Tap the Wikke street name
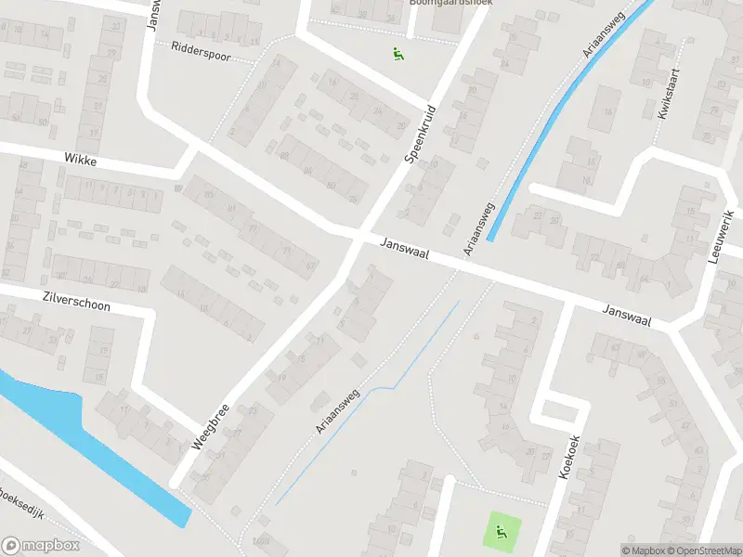(x=81, y=160)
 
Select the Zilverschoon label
(x=76, y=304)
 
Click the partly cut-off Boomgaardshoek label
(x=451, y=3)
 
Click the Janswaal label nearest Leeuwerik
(x=627, y=316)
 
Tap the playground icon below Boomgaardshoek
(x=398, y=53)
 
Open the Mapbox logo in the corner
(x=40, y=546)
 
